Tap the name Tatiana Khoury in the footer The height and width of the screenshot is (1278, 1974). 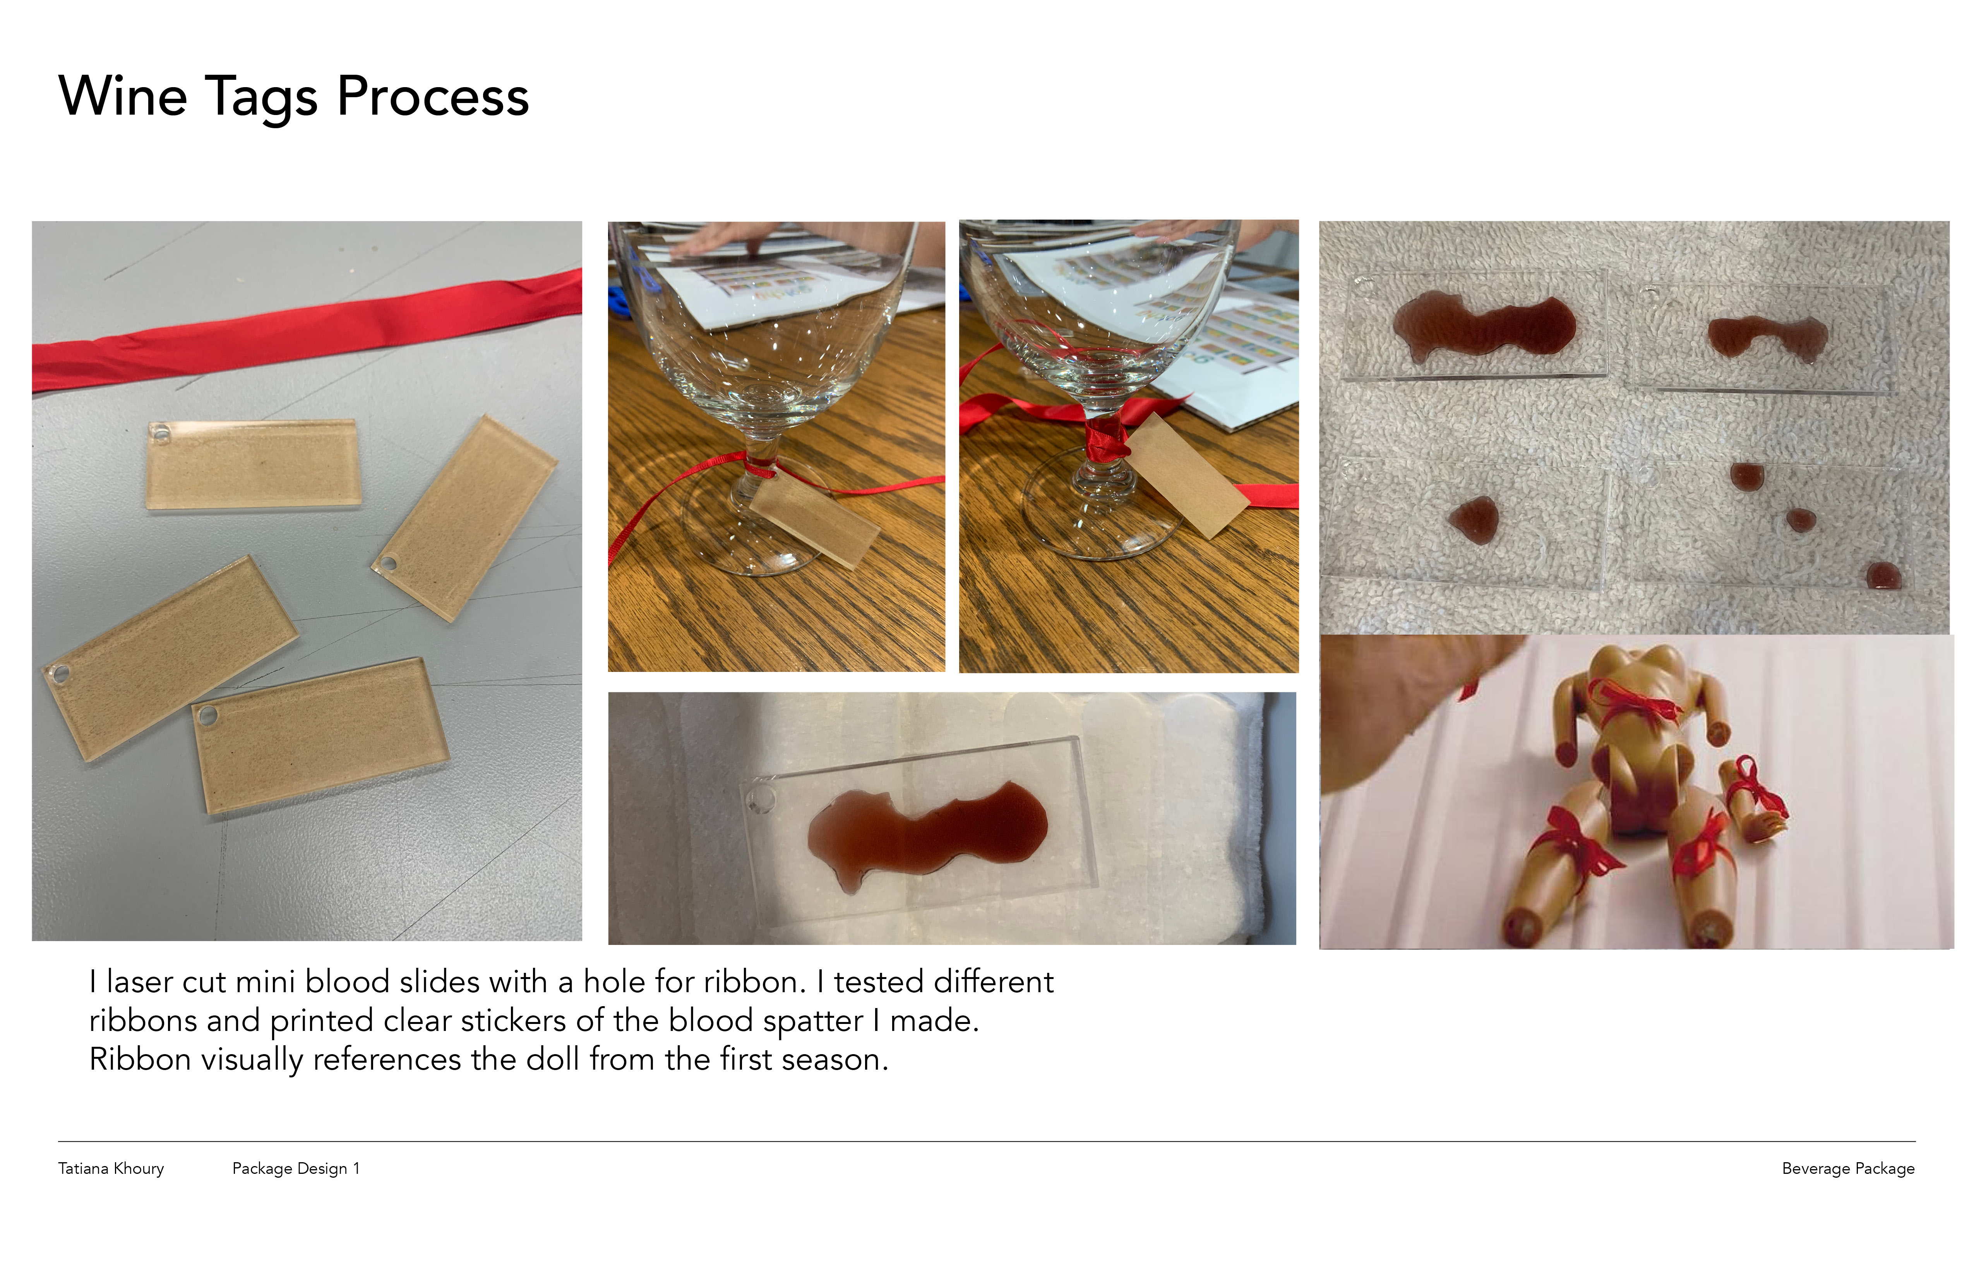111,1168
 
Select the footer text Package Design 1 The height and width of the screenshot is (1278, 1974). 296,1168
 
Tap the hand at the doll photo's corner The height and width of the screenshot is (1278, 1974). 1402,705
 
